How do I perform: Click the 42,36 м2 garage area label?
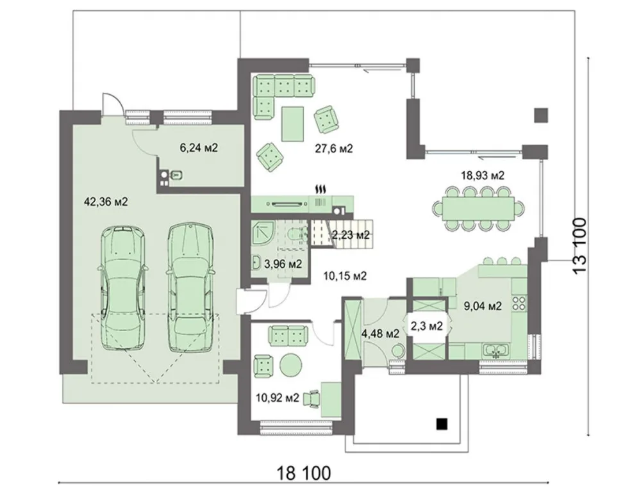point(106,201)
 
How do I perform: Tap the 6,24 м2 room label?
point(199,147)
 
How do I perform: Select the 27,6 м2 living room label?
point(333,149)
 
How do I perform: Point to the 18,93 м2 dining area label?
point(483,176)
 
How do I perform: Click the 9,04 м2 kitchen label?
point(483,306)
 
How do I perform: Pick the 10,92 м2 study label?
point(278,397)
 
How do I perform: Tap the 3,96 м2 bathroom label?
point(283,264)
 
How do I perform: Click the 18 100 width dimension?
point(304,473)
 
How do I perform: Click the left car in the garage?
point(122,288)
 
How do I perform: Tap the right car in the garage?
point(190,287)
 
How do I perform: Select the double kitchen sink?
point(496,350)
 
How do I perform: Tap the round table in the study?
point(290,363)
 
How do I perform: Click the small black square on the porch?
point(442,424)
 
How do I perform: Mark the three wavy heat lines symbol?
point(321,189)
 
